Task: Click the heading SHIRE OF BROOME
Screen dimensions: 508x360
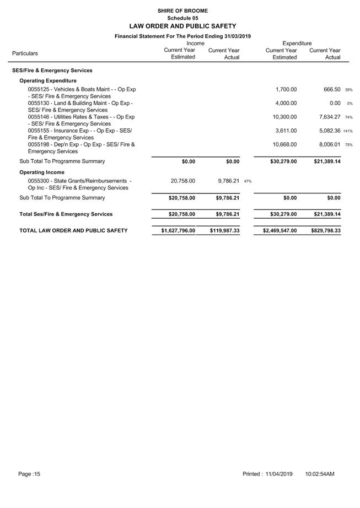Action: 182,10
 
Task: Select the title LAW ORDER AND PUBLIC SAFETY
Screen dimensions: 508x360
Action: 182,26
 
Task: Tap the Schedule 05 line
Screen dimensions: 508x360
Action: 182,18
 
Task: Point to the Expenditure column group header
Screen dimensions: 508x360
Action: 297,43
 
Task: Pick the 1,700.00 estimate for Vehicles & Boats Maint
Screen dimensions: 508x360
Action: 286,89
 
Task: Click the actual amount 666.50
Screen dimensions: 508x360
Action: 330,89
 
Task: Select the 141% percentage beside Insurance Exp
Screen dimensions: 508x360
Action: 348,131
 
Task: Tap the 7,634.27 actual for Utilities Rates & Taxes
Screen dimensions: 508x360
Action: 327,117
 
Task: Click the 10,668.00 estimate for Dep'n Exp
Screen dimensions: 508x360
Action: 284,145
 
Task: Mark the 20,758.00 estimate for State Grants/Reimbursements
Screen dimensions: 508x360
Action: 180,181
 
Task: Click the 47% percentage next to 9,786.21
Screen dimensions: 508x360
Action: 248,181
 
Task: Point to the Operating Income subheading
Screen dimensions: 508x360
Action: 42,172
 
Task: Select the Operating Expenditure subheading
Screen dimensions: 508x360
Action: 48,80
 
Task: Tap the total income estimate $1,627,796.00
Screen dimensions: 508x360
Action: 178,231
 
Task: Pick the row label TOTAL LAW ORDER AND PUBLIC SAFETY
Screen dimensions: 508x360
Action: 73,231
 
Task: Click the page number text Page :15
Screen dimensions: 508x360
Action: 29,474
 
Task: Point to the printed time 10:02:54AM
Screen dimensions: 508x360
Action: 320,474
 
